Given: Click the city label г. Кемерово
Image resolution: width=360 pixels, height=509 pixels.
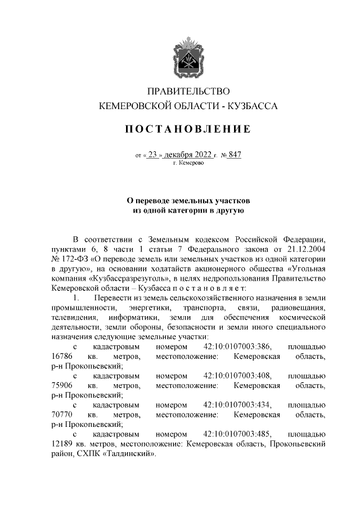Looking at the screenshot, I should coord(188,164).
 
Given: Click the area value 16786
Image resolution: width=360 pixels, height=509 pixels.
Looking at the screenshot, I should coord(61,357).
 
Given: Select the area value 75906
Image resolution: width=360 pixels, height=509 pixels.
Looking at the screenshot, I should coord(61,386).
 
